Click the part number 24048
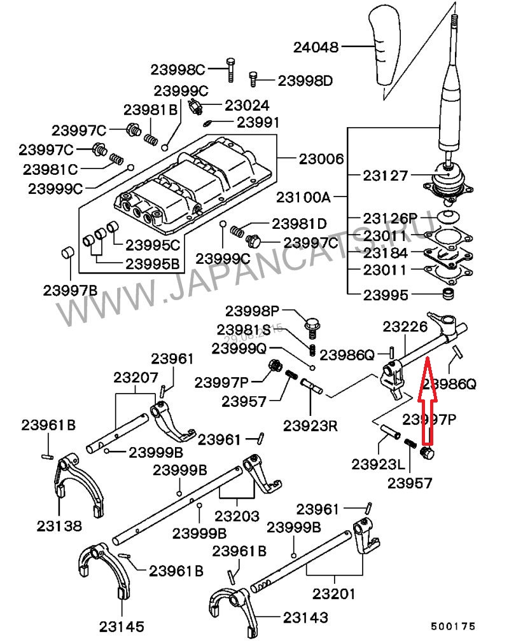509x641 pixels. coord(316,47)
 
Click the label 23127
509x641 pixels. coord(385,175)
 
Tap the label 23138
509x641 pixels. coord(59,525)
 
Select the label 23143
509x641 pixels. coord(306,617)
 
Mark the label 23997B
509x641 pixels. coord(70,290)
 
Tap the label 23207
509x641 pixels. coord(136,377)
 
